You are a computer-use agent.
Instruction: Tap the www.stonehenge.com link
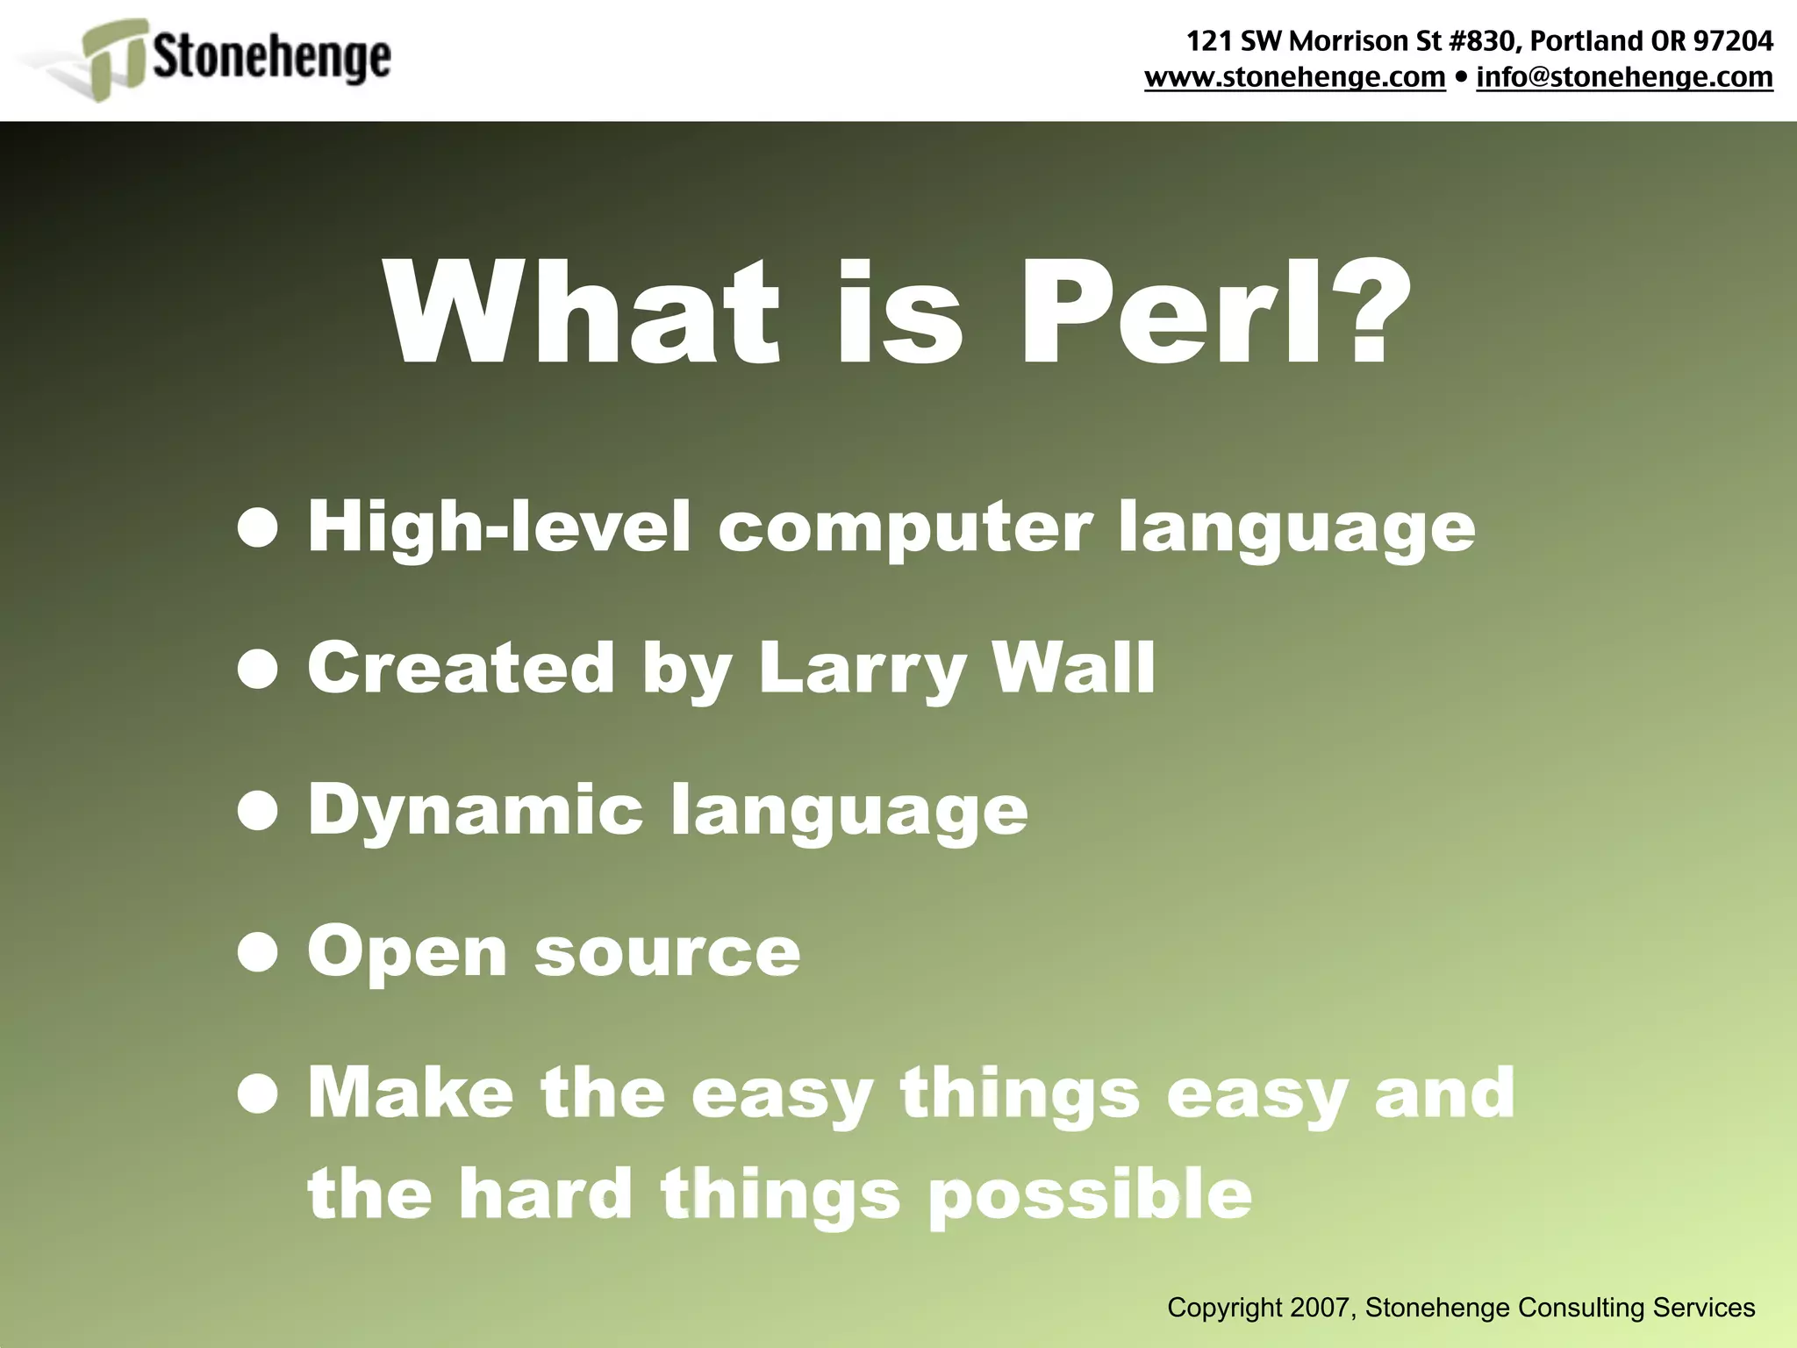(1294, 77)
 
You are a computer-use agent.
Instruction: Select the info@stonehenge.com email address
(1624, 77)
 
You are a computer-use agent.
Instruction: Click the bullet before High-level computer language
(258, 528)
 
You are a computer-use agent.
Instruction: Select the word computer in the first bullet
(905, 528)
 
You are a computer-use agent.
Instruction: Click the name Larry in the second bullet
(861, 669)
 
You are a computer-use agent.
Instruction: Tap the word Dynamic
(475, 811)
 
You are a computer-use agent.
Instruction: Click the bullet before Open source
(258, 953)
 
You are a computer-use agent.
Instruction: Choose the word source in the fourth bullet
(667, 953)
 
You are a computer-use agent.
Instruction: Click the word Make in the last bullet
(410, 1093)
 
